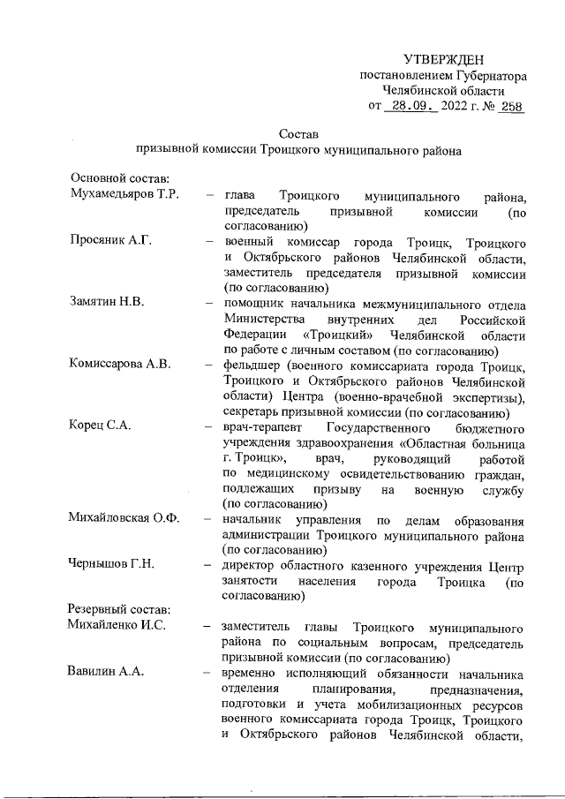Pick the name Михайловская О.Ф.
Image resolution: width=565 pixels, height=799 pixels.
coord(124,518)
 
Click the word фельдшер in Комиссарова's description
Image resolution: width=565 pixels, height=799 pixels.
coord(252,365)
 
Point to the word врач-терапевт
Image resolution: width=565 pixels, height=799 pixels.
coord(263,426)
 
